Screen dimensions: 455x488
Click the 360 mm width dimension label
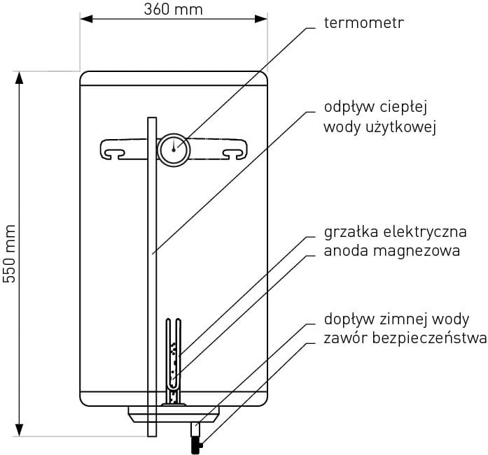pyautogui.click(x=173, y=9)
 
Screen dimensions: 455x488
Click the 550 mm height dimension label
pyautogui.click(x=9, y=253)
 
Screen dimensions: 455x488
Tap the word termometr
pyautogui.click(x=364, y=23)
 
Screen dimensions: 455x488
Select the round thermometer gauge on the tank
pyautogui.click(x=173, y=149)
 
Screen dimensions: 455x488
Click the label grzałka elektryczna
pyautogui.click(x=395, y=231)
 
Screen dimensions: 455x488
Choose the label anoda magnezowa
pyautogui.click(x=392, y=250)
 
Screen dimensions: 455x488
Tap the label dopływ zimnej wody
pyautogui.click(x=396, y=319)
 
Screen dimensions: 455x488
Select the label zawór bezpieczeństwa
pyautogui.click(x=405, y=339)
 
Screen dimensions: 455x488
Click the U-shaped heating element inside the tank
pyautogui.click(x=173, y=356)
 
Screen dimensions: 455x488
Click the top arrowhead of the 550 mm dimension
pyautogui.click(x=20, y=77)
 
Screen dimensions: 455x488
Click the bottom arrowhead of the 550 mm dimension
pyautogui.click(x=20, y=431)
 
